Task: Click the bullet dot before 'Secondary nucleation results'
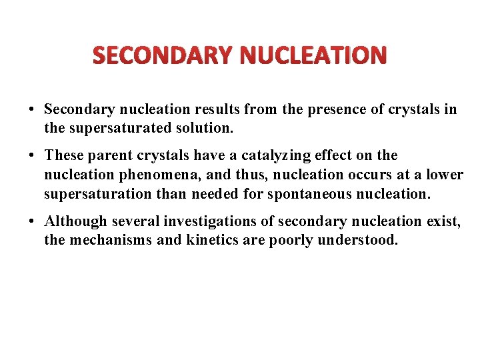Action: point(32,109)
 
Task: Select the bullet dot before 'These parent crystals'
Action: point(32,156)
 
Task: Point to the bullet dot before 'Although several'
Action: point(32,221)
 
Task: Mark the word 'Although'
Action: point(75,221)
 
